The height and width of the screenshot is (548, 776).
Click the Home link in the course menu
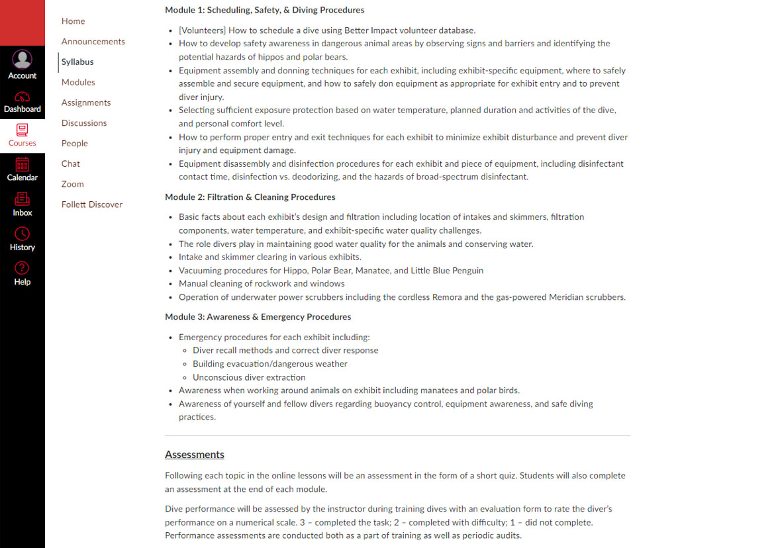click(73, 21)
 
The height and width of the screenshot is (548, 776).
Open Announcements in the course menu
click(93, 42)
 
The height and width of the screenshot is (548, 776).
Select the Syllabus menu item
click(77, 62)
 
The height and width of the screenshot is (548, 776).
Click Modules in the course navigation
click(78, 82)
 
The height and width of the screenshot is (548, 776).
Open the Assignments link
click(86, 103)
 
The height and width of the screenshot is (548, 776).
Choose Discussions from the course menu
click(84, 123)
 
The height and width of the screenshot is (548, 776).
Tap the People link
click(75, 144)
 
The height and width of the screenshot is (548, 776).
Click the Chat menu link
click(71, 163)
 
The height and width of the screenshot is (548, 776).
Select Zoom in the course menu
click(73, 184)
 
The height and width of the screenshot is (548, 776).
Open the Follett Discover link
click(92, 205)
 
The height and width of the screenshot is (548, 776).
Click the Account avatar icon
click(23, 60)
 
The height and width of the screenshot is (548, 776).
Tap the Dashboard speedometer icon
click(23, 96)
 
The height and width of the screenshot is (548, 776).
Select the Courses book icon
click(23, 130)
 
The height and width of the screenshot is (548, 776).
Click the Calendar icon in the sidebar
click(23, 164)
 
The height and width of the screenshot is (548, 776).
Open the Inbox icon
click(23, 199)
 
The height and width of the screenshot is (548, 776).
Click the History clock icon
click(23, 234)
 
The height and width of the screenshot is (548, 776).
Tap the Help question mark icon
click(23, 268)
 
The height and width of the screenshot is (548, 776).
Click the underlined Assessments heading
click(195, 455)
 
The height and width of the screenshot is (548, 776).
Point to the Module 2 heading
click(250, 197)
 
